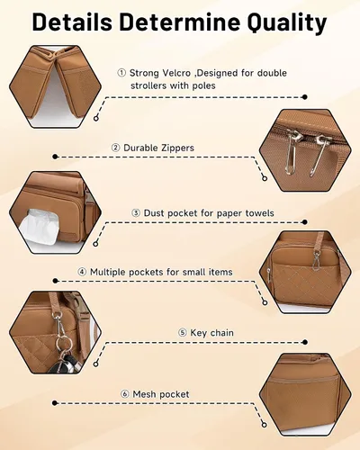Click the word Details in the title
72,22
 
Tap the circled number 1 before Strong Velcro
121,73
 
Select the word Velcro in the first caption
176,73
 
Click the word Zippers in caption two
176,148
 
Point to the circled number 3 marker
136,213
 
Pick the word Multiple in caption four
107,272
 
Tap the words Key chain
211,333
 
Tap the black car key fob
61,364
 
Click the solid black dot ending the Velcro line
305,97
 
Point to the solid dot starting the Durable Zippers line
55,157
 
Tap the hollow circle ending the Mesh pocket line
265,425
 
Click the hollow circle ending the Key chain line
95,364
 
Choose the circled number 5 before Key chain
183,333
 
